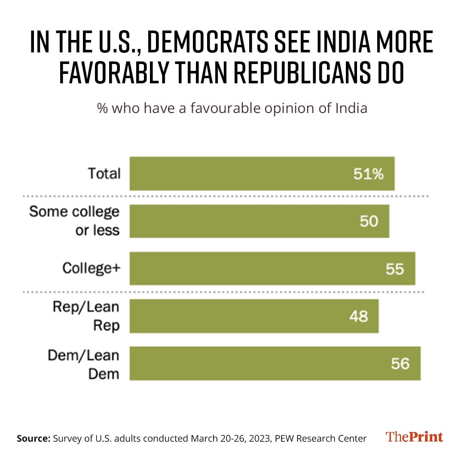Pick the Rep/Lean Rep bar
tap(254, 316)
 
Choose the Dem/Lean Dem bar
tap(275, 363)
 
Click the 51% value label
tap(368, 174)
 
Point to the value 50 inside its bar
tap(369, 221)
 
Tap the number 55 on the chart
tap(395, 269)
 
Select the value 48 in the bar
tap(358, 317)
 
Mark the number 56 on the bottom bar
tap(400, 364)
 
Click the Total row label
tap(104, 174)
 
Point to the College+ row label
tap(92, 268)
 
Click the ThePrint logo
tap(414, 437)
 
